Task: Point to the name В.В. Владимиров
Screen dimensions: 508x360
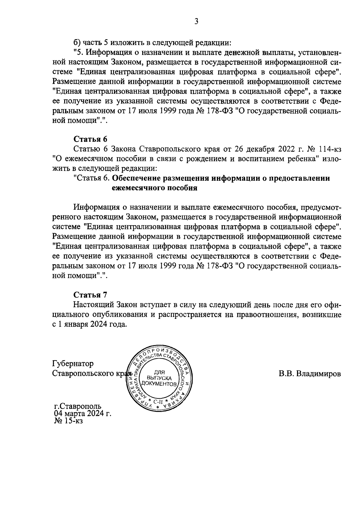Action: tap(310, 374)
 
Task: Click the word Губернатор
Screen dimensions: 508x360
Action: tap(73, 364)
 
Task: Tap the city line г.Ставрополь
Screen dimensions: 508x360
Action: tap(78, 407)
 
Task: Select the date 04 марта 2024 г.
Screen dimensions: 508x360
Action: tap(82, 414)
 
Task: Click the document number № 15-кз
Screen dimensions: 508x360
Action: tap(68, 421)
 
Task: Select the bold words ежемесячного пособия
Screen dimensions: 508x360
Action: tap(154, 188)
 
